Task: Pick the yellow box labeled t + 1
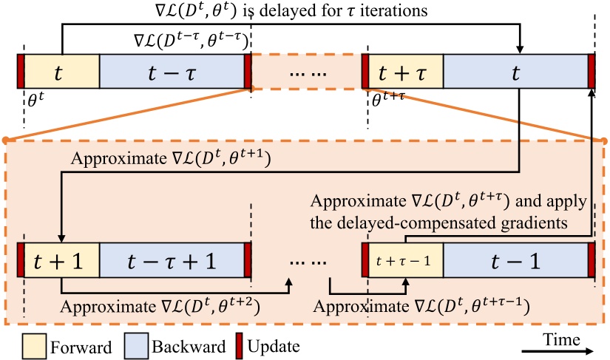[x=61, y=259]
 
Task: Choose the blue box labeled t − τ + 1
[x=172, y=259]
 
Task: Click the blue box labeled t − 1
[x=515, y=259]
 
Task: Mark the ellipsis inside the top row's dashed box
[x=306, y=73]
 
